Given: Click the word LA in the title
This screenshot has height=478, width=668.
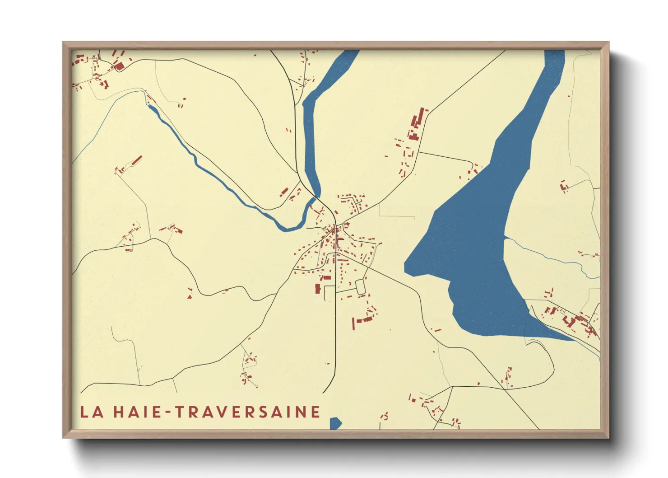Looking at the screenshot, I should coord(92,412).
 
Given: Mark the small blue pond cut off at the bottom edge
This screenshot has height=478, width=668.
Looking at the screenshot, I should coord(335,423).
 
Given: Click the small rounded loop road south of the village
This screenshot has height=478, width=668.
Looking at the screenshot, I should coord(360,287).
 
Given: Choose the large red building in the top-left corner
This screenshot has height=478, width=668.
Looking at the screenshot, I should coord(119,66).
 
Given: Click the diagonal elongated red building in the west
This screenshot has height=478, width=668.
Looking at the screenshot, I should coord(137,160).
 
